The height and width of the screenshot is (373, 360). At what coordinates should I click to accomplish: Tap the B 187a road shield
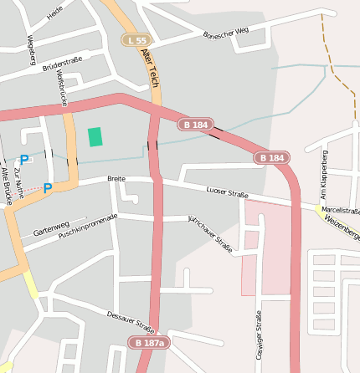point(149,343)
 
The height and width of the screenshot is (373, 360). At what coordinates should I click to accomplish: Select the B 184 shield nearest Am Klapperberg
point(272,157)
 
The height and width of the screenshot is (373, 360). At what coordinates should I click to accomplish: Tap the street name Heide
point(55,12)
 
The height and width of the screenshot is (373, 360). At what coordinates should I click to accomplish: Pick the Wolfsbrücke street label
point(60,88)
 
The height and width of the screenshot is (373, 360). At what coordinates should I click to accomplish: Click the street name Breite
point(116,179)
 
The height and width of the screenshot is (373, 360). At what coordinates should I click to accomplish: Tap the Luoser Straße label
point(227,194)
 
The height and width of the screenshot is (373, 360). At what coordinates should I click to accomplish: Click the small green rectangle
point(95,136)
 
